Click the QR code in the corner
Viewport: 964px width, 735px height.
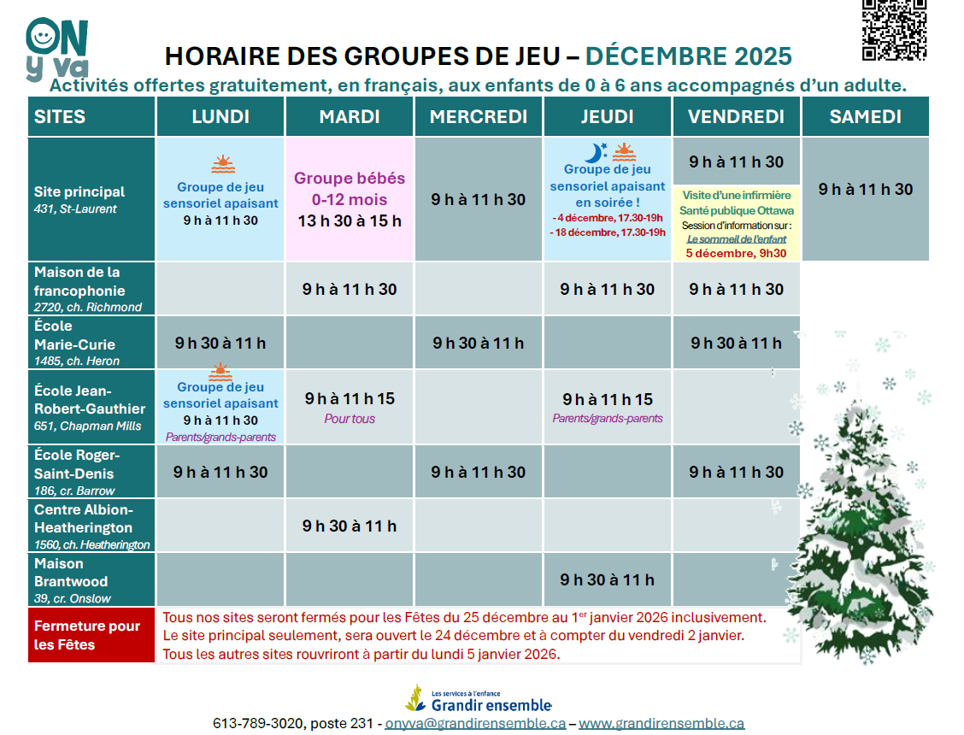[894, 30]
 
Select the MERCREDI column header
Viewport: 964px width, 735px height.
[479, 117]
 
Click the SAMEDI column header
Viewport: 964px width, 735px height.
[865, 117]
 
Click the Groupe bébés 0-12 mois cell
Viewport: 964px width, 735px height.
[350, 199]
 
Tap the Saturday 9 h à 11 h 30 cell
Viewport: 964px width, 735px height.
[866, 190]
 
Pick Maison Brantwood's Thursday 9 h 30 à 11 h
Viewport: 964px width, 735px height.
[608, 579]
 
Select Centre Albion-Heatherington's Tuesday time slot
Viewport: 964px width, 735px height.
[350, 526]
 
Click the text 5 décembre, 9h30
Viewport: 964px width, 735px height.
[736, 253]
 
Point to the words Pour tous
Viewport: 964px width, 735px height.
[350, 419]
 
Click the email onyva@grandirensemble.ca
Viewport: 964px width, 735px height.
[475, 723]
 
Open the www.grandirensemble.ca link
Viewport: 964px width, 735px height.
[661, 723]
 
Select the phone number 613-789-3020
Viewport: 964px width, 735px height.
[258, 723]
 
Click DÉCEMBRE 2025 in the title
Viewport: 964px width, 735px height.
[689, 56]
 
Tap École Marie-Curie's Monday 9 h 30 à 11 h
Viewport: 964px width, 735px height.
[220, 344]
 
